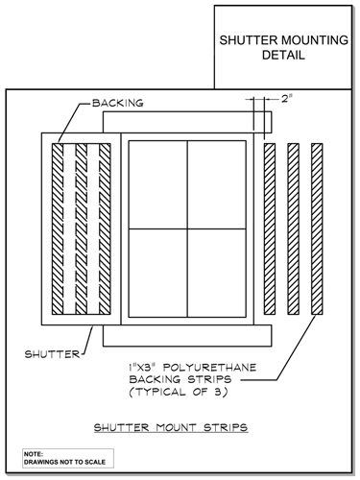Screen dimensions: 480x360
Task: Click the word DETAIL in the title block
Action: [282, 56]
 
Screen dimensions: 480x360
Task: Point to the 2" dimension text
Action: [286, 98]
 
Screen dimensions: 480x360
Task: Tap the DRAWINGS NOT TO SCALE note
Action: [61, 463]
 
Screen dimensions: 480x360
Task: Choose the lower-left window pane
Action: [157, 271]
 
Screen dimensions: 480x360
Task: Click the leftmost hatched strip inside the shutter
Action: [58, 228]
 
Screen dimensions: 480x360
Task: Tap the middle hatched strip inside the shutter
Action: [81, 228]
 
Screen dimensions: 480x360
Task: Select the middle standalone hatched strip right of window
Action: [294, 228]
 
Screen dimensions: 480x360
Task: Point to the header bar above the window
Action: [197, 122]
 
